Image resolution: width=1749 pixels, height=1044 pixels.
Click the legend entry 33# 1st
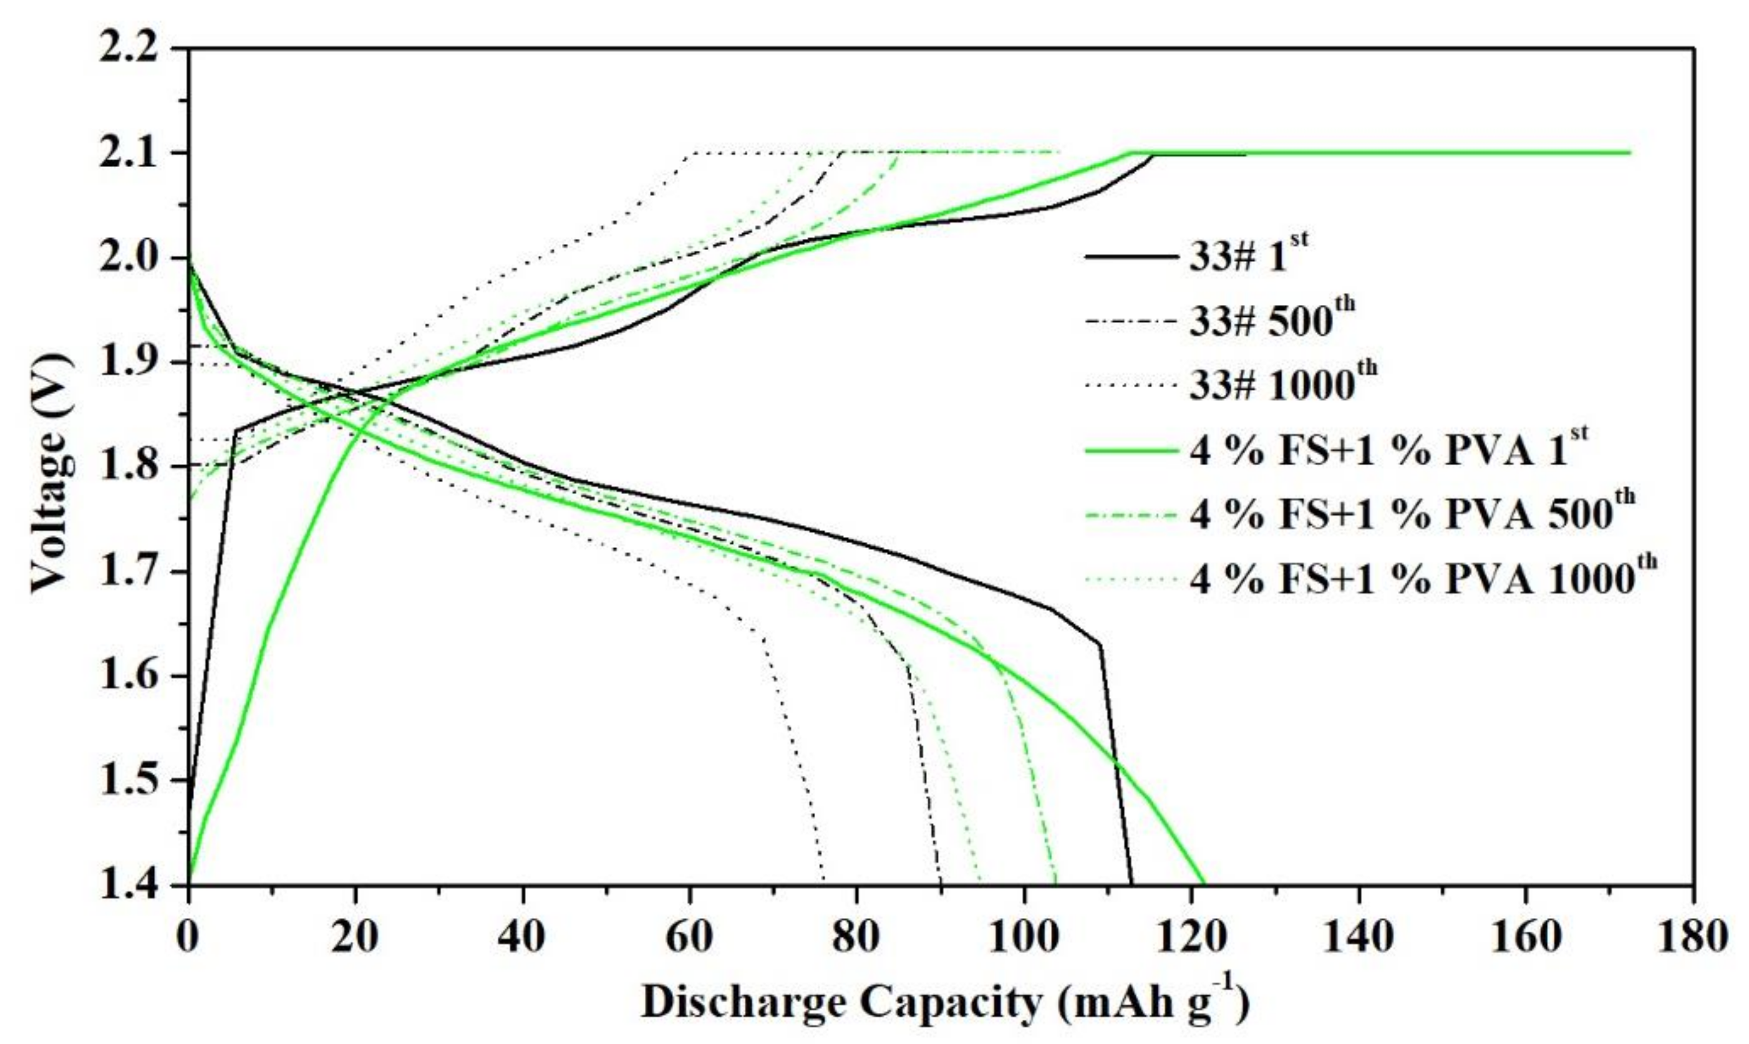[x=1248, y=258]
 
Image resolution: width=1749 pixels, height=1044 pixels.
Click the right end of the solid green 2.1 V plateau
[x=1629, y=153]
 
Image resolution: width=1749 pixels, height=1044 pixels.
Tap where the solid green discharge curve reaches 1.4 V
[x=1204, y=883]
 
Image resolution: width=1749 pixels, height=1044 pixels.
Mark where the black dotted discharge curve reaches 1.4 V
[x=824, y=883]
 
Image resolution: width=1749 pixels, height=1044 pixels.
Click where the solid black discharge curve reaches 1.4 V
[x=1131, y=883]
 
